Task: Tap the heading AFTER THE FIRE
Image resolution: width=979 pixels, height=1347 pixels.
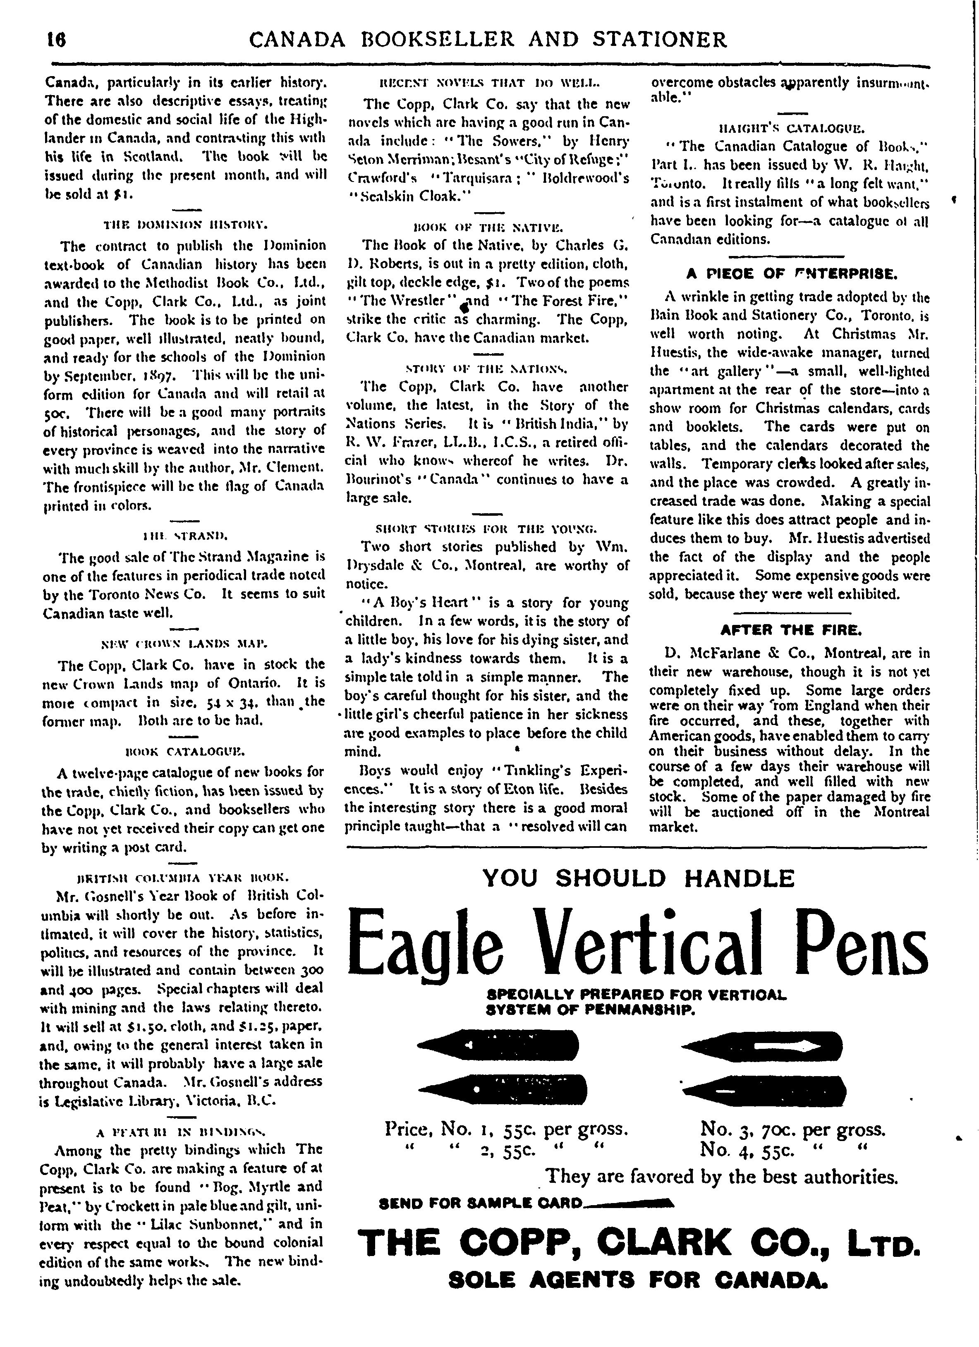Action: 791,629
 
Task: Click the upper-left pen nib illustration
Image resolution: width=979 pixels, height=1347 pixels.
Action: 498,1045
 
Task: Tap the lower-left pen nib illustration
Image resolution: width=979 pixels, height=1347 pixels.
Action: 503,1087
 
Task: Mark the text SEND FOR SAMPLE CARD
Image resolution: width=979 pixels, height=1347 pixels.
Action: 481,1203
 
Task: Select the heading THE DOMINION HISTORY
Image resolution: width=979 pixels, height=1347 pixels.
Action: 185,225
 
